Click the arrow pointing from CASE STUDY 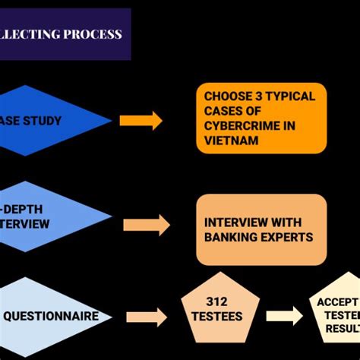tap(141, 120)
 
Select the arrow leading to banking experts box tap(147, 225)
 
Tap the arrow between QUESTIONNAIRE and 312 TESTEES tap(147, 317)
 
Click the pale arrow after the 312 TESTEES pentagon tap(284, 315)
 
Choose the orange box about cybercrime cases tap(261, 118)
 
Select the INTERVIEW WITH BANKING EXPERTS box tap(261, 229)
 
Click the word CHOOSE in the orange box tap(226, 96)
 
